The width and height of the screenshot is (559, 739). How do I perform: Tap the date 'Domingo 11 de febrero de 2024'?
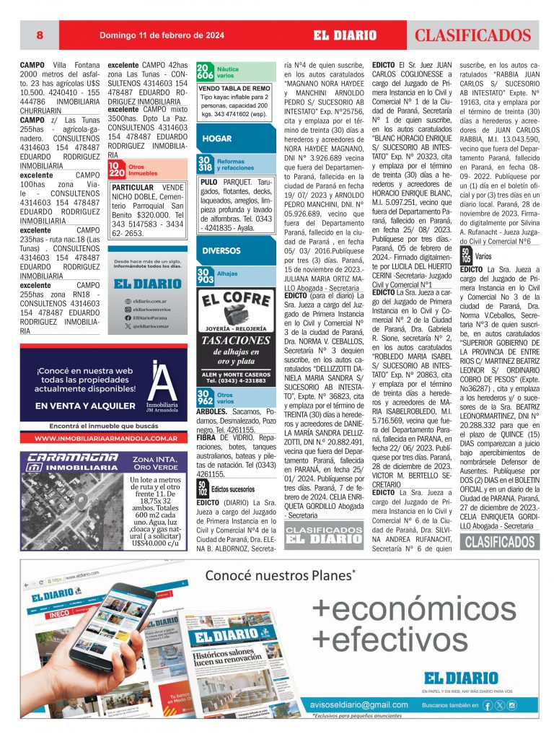click(x=162, y=35)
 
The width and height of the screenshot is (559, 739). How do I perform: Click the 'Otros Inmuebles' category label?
click(x=143, y=170)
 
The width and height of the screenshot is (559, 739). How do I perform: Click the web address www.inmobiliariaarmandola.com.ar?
click(x=107, y=437)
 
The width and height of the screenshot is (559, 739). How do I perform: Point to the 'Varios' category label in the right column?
click(x=483, y=255)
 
